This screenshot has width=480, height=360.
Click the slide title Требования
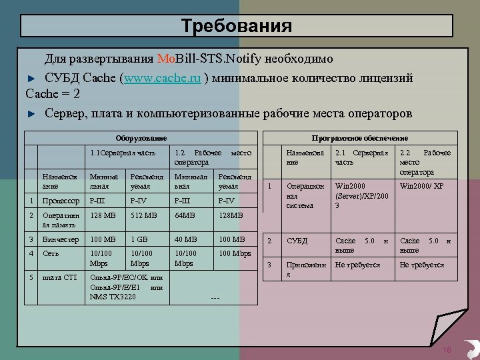[237, 26]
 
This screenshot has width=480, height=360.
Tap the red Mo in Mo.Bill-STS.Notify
[166, 58]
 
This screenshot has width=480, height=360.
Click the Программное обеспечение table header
[360, 138]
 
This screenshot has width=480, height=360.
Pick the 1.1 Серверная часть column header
[123, 153]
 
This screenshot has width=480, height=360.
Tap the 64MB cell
[185, 216]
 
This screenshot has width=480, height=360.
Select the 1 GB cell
[140, 239]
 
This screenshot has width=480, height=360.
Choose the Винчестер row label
[61, 239]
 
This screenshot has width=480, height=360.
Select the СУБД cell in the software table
[297, 241]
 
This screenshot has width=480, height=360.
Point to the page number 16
[447, 350]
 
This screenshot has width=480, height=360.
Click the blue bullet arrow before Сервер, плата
[30, 114]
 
